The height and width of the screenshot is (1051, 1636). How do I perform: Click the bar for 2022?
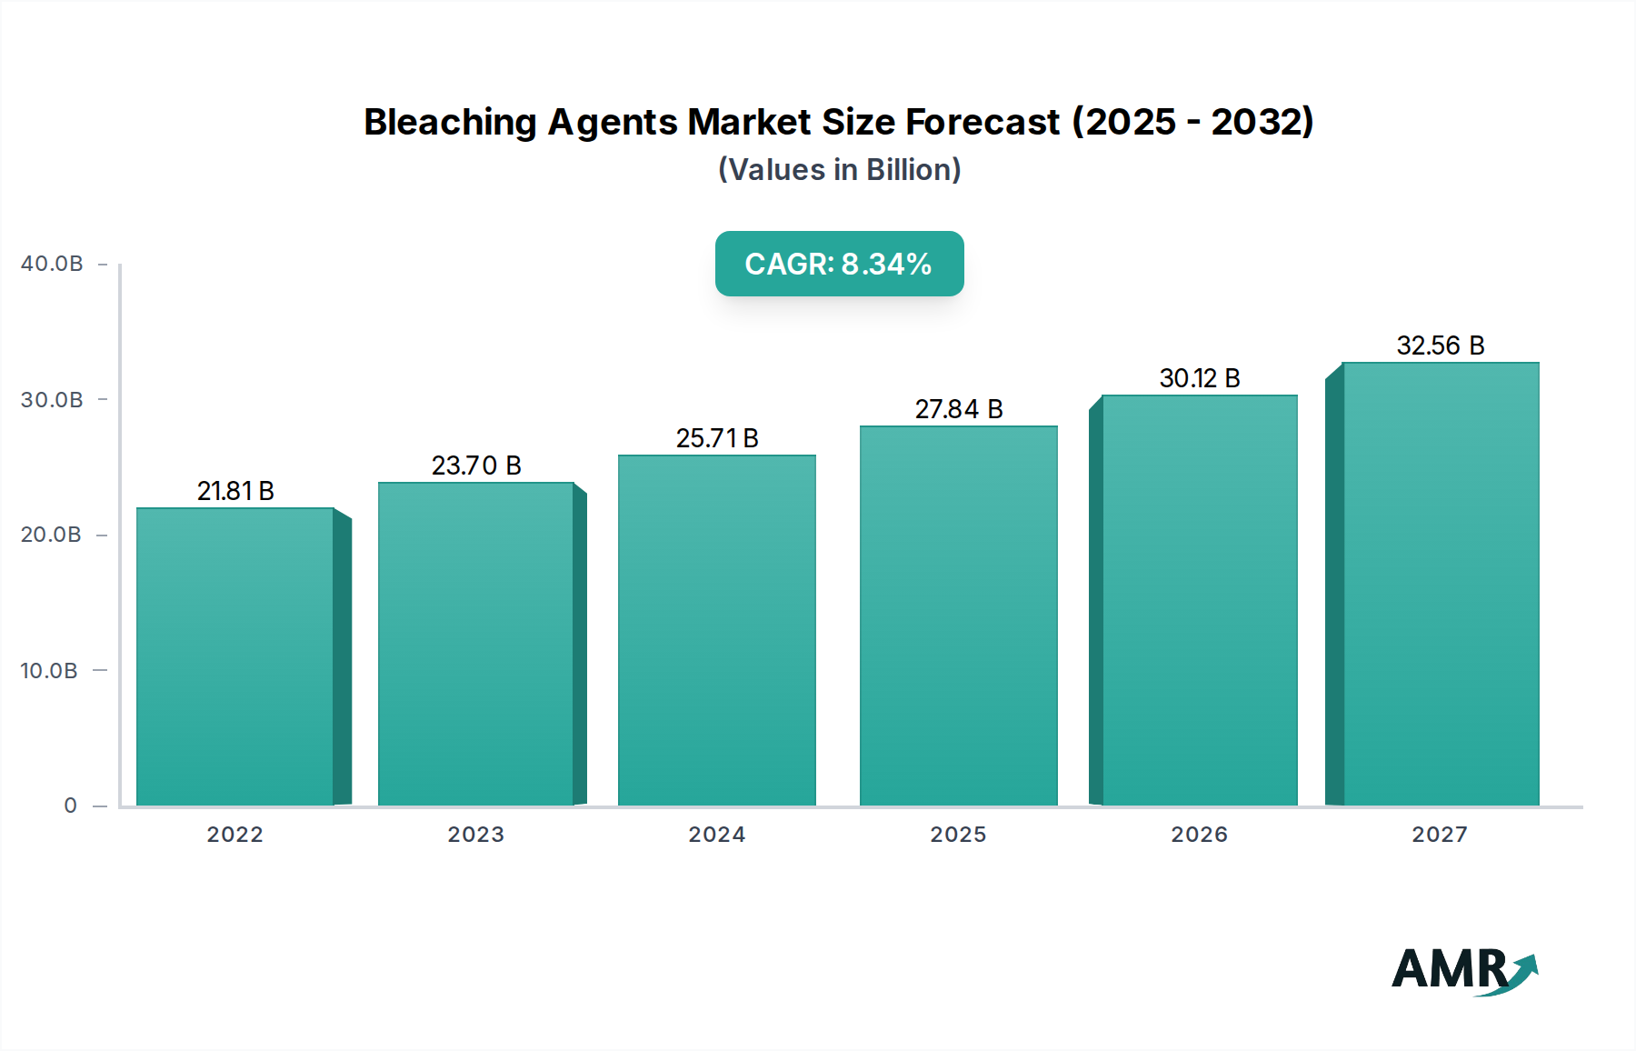tap(235, 656)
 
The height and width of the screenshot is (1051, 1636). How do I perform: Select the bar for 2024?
tap(717, 630)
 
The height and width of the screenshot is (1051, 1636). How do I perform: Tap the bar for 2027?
tap(1441, 584)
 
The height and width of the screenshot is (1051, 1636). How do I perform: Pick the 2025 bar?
tap(959, 616)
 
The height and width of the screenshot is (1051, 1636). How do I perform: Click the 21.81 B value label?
tap(235, 491)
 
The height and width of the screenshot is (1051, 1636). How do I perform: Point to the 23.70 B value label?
tap(476, 465)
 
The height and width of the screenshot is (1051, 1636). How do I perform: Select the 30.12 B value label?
tap(1200, 378)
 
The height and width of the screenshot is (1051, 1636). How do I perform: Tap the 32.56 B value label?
tap(1441, 345)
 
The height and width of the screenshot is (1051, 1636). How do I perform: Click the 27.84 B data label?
tap(959, 409)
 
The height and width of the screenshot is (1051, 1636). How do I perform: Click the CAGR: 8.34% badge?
tap(839, 264)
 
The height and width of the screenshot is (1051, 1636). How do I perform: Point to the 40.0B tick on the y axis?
tap(52, 264)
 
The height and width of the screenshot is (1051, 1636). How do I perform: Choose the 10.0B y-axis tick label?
tap(49, 671)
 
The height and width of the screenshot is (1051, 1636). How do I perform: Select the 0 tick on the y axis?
tap(70, 806)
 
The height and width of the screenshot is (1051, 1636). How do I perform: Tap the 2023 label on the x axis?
tap(476, 835)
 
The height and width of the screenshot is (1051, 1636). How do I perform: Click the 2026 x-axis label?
tap(1200, 835)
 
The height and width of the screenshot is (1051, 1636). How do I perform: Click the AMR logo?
tap(1464, 970)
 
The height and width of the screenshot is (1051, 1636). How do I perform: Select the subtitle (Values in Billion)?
tap(839, 170)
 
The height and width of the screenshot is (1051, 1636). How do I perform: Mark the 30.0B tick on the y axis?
tap(52, 400)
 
